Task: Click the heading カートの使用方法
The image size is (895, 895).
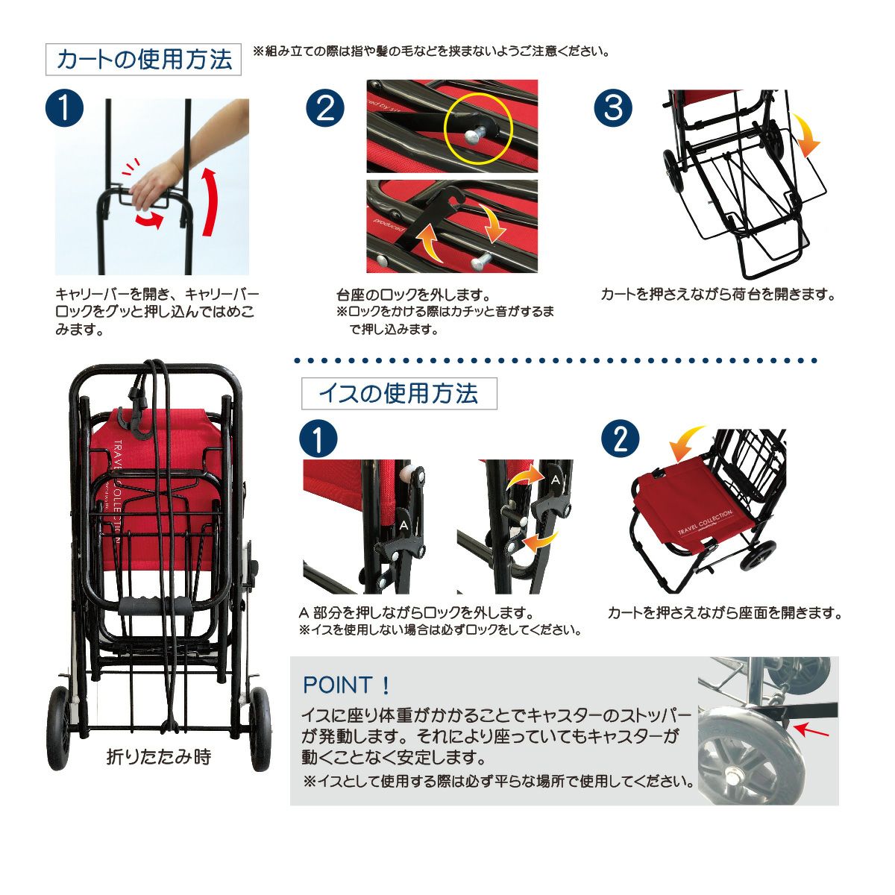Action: pyautogui.click(x=144, y=60)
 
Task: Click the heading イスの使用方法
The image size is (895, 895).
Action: pyautogui.click(x=398, y=393)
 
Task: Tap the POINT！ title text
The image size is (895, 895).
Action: pyautogui.click(x=347, y=685)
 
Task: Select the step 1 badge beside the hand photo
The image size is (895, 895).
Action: pyautogui.click(x=64, y=108)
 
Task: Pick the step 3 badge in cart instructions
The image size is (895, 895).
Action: pyautogui.click(x=613, y=107)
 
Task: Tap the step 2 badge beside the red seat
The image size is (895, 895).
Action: pyautogui.click(x=620, y=439)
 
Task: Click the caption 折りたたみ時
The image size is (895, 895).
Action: pyautogui.click(x=159, y=757)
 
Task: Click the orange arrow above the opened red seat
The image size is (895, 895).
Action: pyautogui.click(x=686, y=442)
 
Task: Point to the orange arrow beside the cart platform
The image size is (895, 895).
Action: pyautogui.click(x=806, y=134)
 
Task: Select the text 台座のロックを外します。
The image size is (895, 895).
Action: pyautogui.click(x=413, y=295)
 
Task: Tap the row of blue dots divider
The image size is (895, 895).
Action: pyautogui.click(x=556, y=360)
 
